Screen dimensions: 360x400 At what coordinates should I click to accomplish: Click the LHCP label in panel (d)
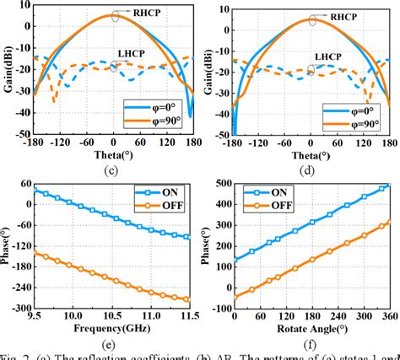pos(323,56)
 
